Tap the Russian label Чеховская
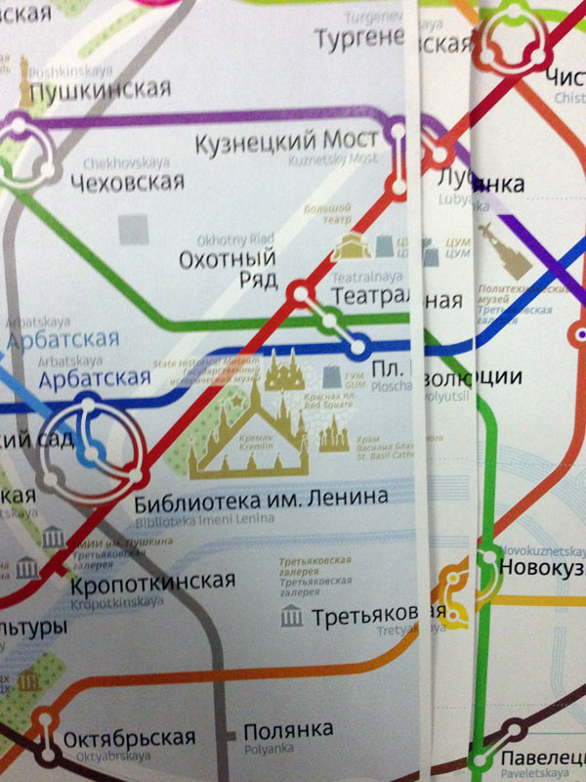[x=127, y=182]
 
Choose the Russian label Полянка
[x=288, y=729]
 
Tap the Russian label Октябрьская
[x=129, y=737]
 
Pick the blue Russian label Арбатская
[x=62, y=341]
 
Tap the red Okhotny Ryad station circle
[x=301, y=290]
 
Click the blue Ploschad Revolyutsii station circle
[x=358, y=345]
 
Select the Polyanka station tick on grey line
[x=229, y=731]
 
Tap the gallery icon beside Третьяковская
[x=290, y=617]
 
